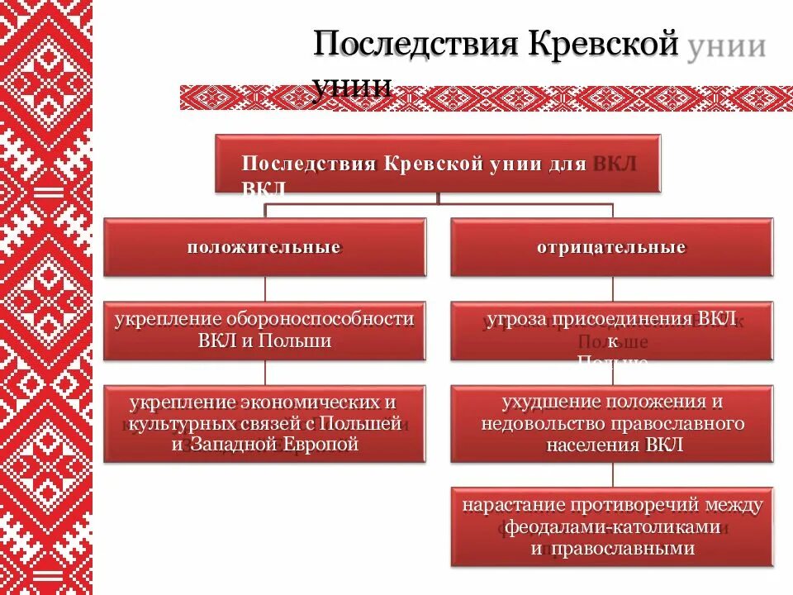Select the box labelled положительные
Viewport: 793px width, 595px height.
click(x=264, y=247)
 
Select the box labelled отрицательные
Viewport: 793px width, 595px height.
click(x=611, y=247)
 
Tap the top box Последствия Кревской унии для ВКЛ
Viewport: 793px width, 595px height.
click(x=438, y=164)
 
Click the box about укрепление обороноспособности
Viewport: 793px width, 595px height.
click(x=264, y=331)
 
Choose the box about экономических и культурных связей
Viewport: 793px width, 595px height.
click(x=264, y=423)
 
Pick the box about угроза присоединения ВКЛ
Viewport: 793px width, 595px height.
click(x=611, y=331)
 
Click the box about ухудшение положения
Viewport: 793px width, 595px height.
click(x=611, y=423)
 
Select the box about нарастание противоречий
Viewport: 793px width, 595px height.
click(x=611, y=526)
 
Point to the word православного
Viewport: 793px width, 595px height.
click(x=677, y=424)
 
